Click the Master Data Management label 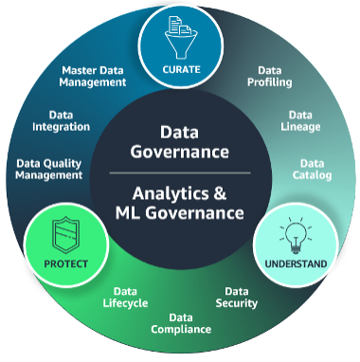click(94, 76)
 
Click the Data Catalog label click(315, 170)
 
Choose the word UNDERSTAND click(297, 262)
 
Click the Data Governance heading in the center click(180, 141)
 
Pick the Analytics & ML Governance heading click(181, 202)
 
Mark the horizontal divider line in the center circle click(180, 173)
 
